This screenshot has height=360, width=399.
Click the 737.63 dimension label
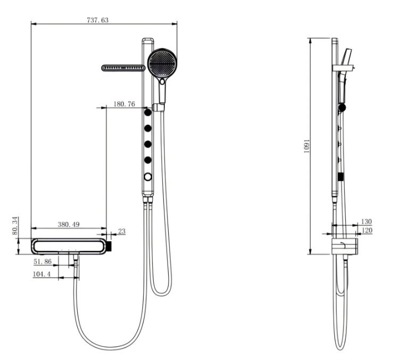(x=97, y=20)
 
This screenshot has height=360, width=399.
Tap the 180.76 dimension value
(x=124, y=104)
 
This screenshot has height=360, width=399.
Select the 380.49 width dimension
(x=69, y=224)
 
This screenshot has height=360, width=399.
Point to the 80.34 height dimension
(x=15, y=226)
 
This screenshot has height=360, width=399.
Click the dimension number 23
(x=122, y=231)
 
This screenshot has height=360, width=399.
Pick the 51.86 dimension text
(x=43, y=261)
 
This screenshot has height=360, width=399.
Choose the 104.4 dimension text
(x=41, y=274)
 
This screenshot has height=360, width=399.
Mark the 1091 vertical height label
(x=307, y=146)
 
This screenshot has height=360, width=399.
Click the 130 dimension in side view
(x=367, y=222)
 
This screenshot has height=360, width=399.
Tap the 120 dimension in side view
(x=367, y=230)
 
